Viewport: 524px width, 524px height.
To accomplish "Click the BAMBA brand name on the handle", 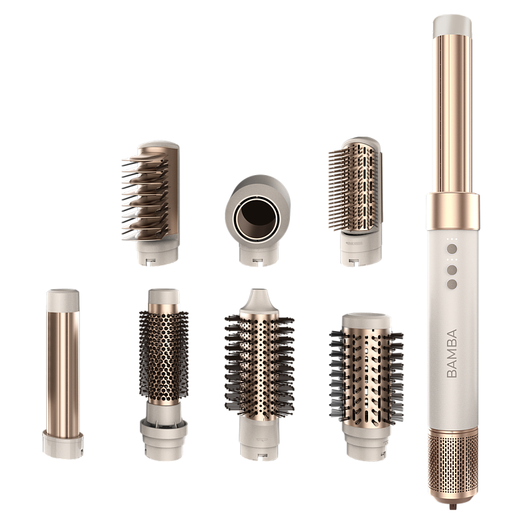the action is click(x=452, y=354).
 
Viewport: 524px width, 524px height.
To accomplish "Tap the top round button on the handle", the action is click(x=452, y=249).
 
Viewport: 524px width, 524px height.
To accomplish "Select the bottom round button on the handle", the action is click(x=452, y=284).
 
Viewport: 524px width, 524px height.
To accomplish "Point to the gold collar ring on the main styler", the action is click(x=453, y=211).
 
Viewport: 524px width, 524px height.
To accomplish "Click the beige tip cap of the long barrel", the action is click(x=452, y=26).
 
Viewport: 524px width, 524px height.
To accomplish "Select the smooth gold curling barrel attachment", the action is click(x=63, y=373).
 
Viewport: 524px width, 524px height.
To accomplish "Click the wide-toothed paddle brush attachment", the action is click(x=151, y=203).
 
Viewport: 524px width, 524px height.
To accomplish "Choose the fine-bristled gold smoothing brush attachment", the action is click(x=356, y=202).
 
